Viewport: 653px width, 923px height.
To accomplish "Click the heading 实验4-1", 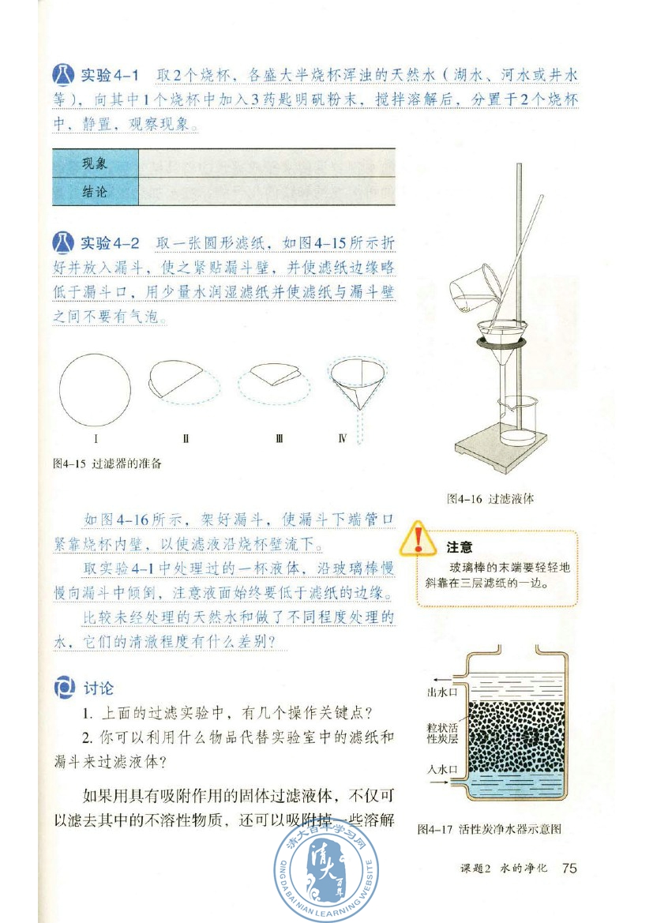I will (110, 76).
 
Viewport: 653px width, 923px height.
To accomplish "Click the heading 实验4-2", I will (110, 242).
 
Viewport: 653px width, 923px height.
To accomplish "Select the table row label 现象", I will (95, 164).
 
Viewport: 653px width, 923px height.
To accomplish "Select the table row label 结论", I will (95, 192).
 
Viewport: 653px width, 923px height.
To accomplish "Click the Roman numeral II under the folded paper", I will (186, 437).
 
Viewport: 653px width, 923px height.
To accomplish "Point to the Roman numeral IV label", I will (342, 437).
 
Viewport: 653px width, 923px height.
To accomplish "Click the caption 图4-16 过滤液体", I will (490, 499).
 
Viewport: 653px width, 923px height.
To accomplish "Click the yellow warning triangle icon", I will (417, 541).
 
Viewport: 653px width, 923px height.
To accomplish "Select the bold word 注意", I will (460, 547).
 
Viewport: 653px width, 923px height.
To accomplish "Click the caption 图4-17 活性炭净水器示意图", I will (489, 829).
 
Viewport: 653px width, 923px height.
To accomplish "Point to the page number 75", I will (569, 869).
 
